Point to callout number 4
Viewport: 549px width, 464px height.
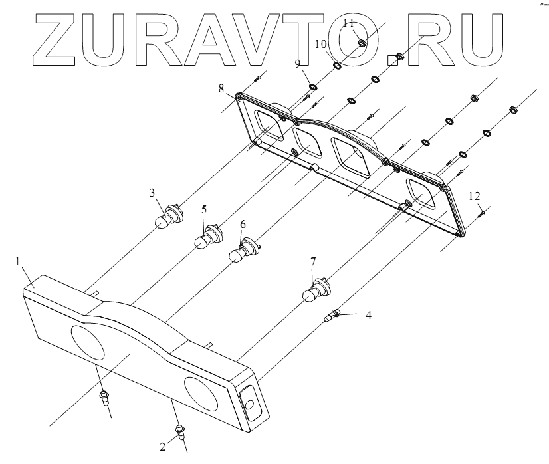368,316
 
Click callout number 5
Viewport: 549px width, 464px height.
205,211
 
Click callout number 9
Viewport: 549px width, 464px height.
298,63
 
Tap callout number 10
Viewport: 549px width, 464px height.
320,44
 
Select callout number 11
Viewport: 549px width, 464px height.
348,23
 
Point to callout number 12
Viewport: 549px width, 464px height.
475,196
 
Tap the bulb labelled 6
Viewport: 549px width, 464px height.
241,255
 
